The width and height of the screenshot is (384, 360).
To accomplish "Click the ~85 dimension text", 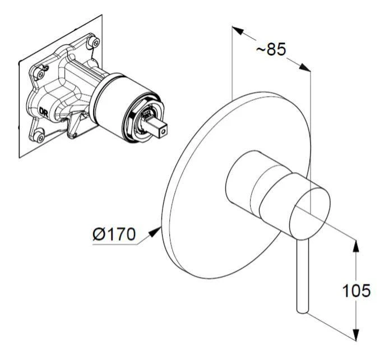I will pos(271,50).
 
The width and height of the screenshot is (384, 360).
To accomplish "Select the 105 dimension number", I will pos(357,290).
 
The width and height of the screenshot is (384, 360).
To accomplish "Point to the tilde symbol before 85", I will pos(261,50).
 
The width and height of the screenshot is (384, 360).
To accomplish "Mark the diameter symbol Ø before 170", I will pos(99,234).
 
